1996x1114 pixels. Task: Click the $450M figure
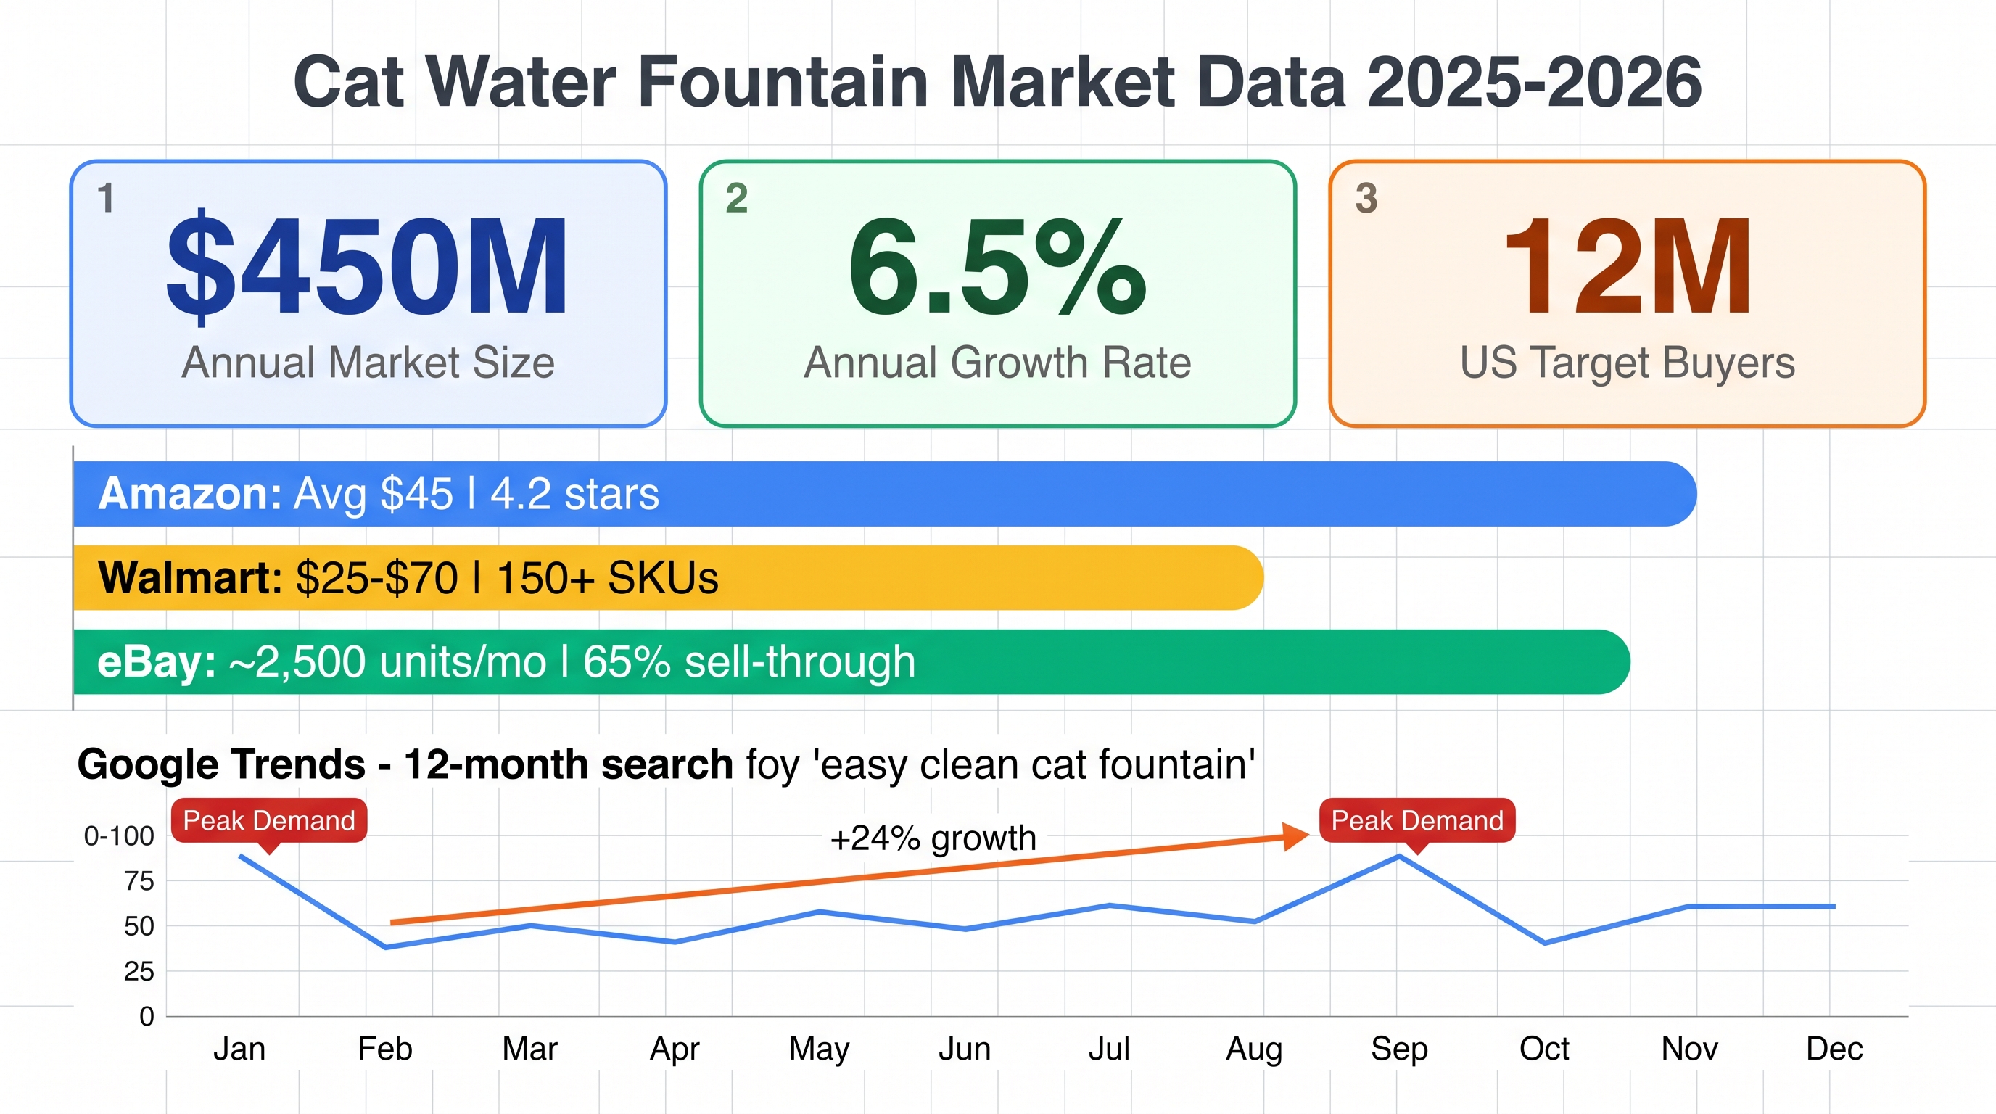coord(368,268)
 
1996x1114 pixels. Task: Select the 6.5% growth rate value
coord(997,268)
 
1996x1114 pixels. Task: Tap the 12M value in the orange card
coord(1627,268)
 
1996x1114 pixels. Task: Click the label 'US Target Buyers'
coord(1627,363)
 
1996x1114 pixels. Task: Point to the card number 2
coord(737,198)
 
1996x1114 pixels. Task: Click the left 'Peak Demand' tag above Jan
coord(269,820)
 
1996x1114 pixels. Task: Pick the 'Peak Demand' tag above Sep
coord(1417,820)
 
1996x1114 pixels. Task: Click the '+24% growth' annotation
coord(933,838)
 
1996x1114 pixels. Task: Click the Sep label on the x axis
coord(1398,1049)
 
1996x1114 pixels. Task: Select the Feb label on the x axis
coord(385,1049)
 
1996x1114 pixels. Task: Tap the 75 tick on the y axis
coord(139,880)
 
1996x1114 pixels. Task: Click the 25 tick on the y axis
coord(139,970)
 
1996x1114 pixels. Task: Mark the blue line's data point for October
coord(1545,943)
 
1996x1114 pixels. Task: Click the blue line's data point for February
coord(386,946)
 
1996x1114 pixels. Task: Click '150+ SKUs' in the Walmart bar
coord(608,578)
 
